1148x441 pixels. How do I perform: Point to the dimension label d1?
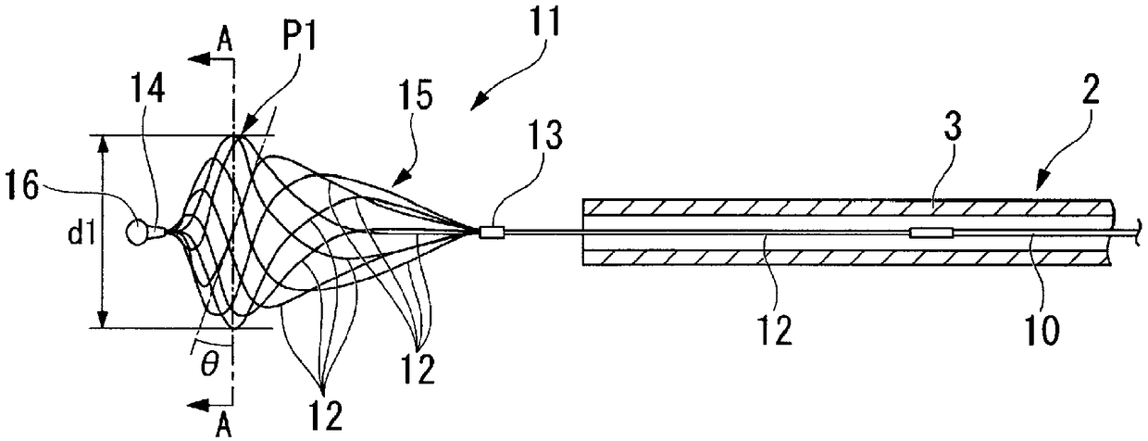pos(81,233)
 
